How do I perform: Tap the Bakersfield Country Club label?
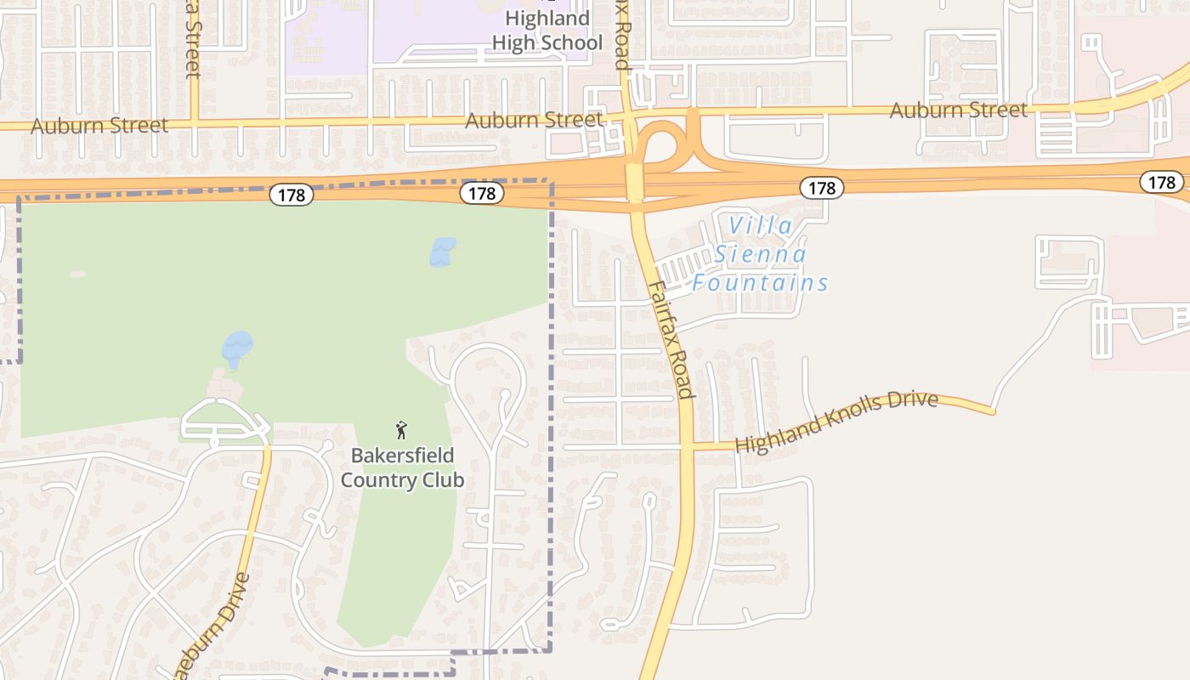(402, 467)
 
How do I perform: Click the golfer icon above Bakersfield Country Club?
(402, 430)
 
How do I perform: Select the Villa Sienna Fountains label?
(760, 254)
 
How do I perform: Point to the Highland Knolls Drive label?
(836, 422)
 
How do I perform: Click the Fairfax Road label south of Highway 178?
(671, 339)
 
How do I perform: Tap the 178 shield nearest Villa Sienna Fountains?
(821, 188)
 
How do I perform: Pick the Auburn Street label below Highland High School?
(534, 120)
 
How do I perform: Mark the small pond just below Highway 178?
(442, 252)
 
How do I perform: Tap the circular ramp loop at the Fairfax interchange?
(663, 146)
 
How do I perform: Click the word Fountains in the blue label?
(760, 283)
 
